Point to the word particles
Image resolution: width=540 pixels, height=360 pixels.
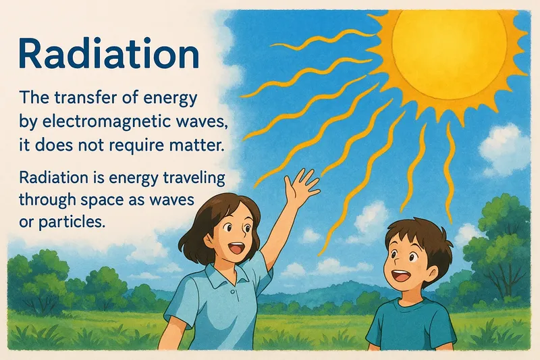tap(73, 220)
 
